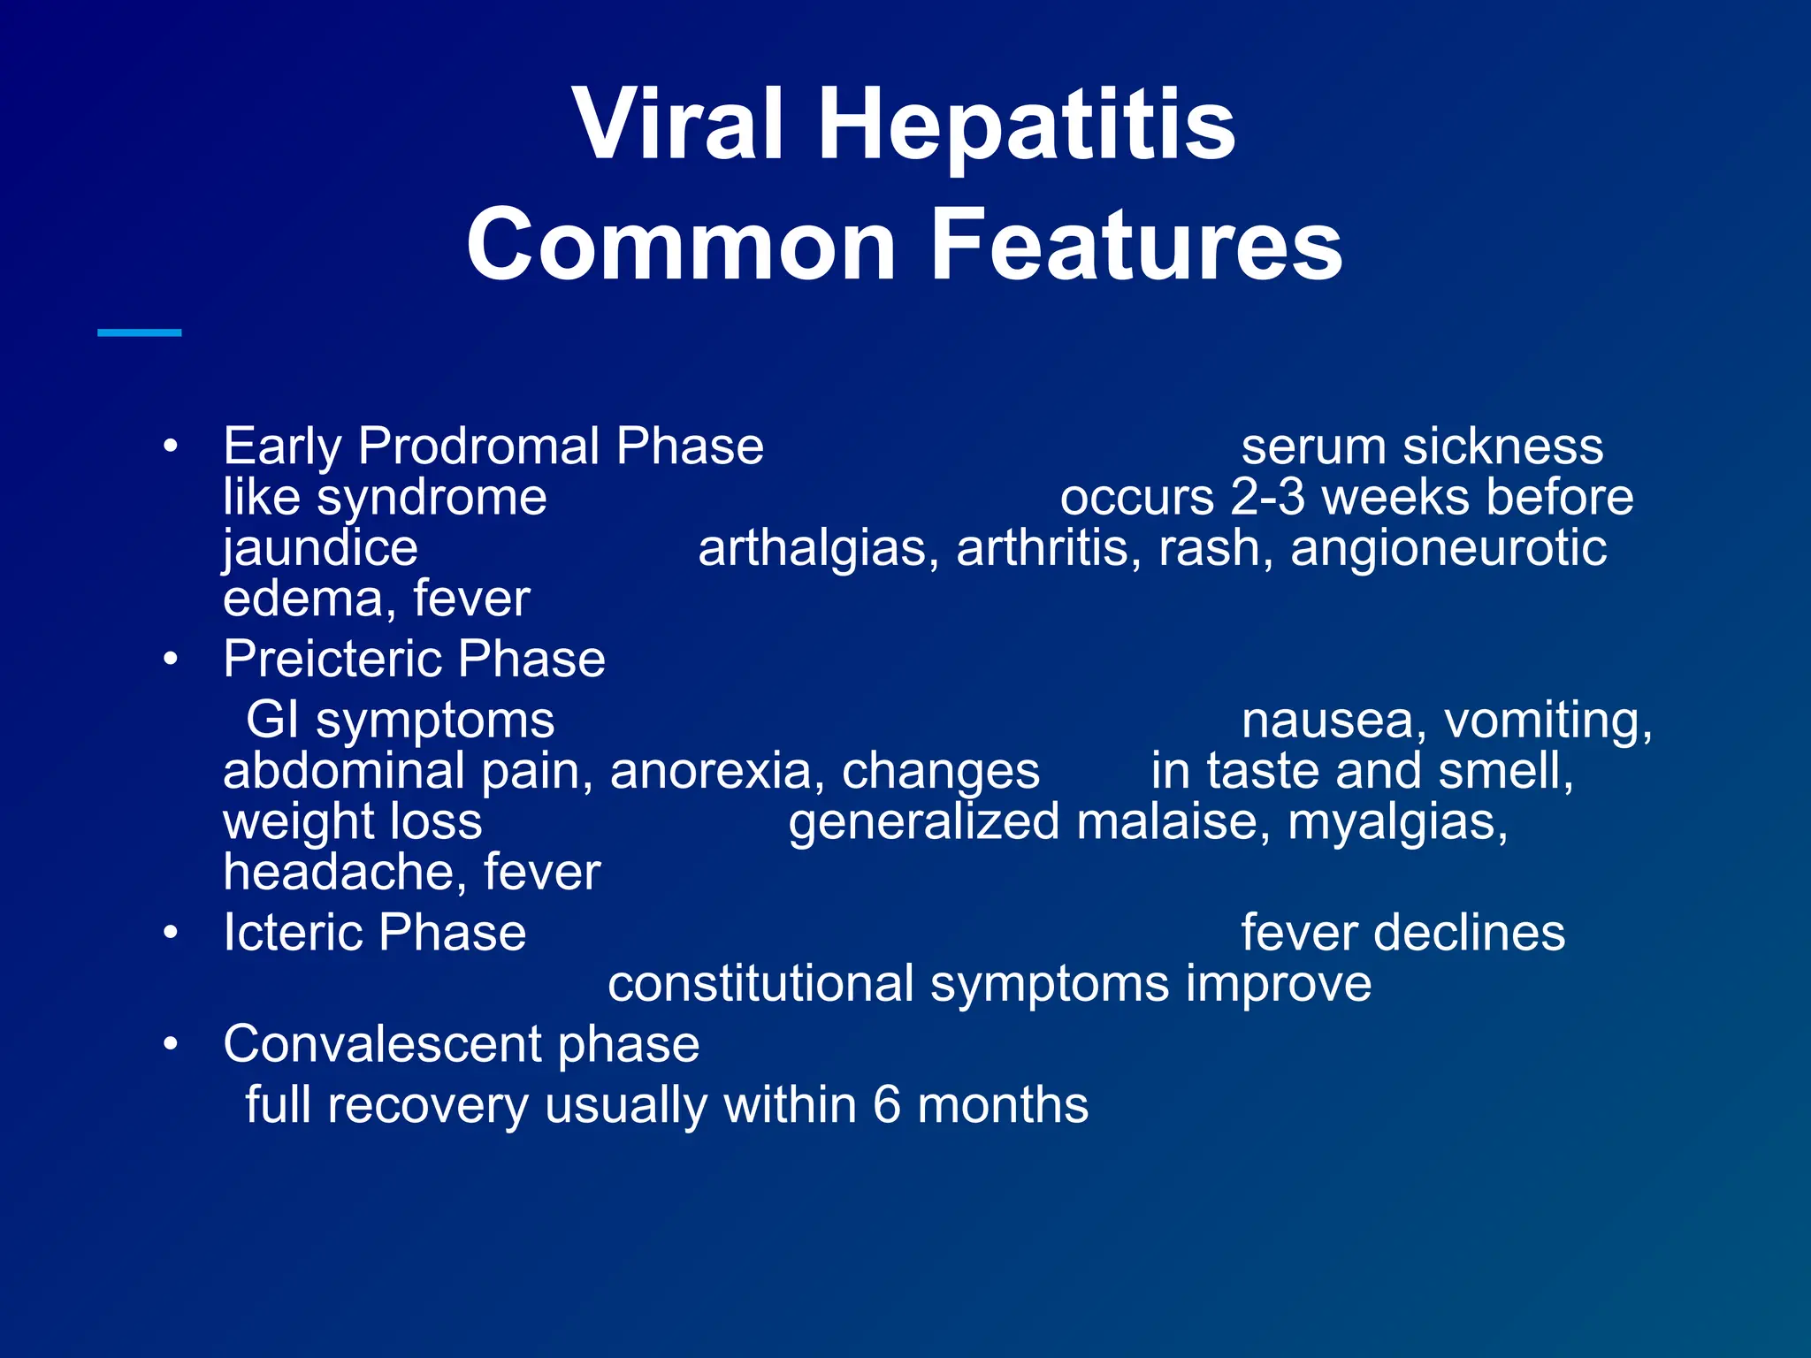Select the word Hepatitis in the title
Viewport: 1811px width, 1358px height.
tap(1027, 126)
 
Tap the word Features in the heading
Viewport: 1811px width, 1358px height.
tap(1137, 245)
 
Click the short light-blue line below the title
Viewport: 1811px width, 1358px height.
tap(139, 332)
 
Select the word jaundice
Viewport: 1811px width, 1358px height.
tap(320, 548)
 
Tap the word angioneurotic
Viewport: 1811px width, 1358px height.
tap(1448, 548)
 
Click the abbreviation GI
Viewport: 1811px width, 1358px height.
tap(271, 720)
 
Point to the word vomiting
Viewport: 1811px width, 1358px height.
tap(1547, 720)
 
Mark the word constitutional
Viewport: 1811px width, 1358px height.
tap(760, 984)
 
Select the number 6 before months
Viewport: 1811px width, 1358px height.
tap(886, 1105)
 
